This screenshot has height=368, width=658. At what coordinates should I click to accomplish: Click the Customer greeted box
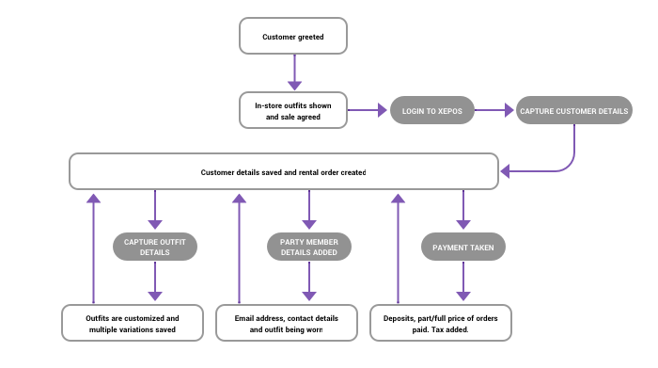point(293,38)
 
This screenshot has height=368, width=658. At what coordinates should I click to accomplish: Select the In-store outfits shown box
point(293,110)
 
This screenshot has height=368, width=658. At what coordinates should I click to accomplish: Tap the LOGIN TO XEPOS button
point(431,111)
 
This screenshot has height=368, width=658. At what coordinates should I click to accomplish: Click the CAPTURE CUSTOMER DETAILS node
point(573,111)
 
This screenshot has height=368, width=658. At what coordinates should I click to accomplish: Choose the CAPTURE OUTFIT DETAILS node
point(155,247)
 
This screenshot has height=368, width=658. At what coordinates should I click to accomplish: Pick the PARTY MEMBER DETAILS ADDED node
point(308,247)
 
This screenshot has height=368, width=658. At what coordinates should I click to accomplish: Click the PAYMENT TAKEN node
point(462,247)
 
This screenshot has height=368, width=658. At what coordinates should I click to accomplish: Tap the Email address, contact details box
point(287,323)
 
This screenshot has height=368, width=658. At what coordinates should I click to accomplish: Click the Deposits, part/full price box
point(441,323)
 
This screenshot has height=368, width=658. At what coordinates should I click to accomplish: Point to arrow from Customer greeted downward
point(293,71)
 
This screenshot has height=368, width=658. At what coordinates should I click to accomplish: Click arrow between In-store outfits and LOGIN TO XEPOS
point(368,111)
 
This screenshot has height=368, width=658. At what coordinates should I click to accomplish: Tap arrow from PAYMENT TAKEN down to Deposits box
point(462,280)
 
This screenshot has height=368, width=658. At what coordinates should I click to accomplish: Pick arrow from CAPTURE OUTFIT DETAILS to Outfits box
point(155,280)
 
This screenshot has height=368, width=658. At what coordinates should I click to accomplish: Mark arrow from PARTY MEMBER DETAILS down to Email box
point(308,280)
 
